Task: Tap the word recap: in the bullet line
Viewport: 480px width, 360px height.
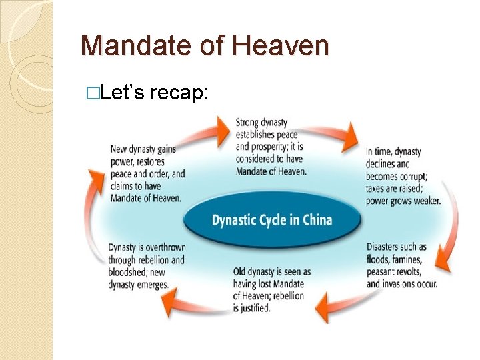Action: pos(179,95)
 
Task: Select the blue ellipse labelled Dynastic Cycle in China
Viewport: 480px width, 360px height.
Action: pos(271,219)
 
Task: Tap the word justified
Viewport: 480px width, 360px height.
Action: pos(253,309)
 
